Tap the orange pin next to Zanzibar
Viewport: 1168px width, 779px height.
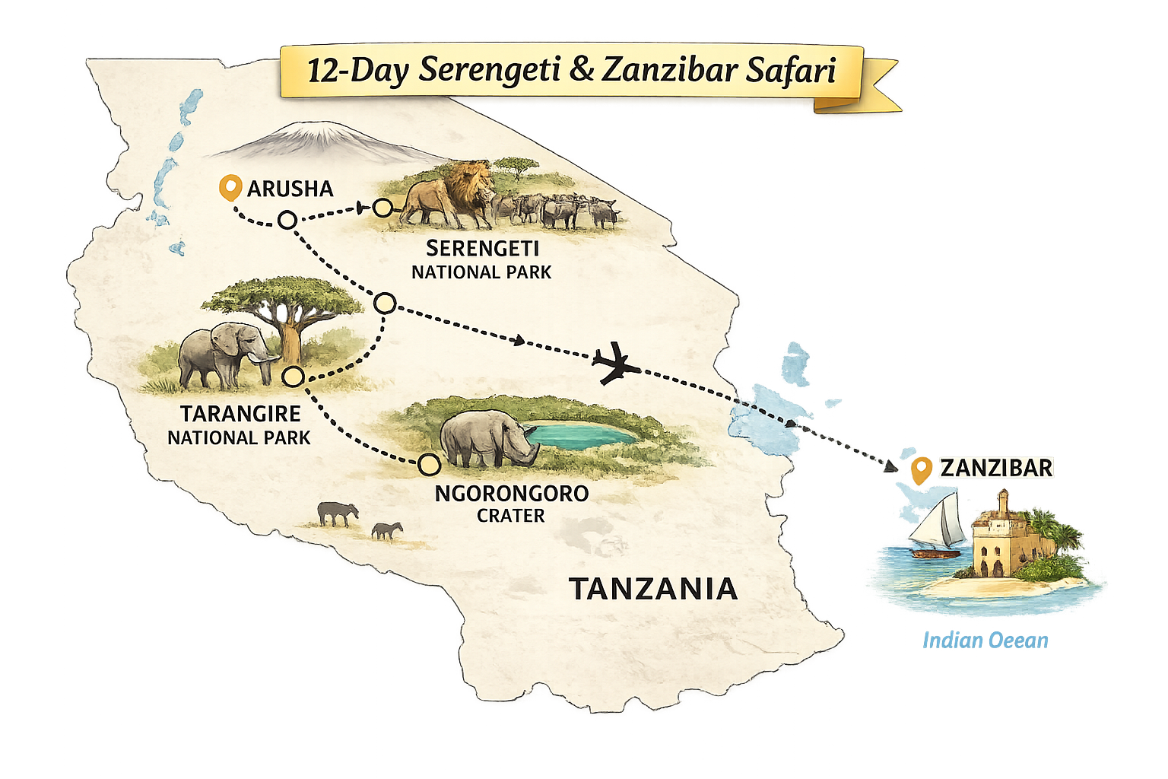click(922, 469)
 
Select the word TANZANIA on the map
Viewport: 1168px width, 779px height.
click(653, 589)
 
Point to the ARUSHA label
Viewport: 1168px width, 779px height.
click(290, 189)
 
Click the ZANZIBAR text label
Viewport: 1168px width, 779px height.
click(996, 468)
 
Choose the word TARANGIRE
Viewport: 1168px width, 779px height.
click(240, 414)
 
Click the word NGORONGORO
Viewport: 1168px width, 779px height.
click(511, 493)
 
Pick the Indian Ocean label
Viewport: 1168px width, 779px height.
click(985, 641)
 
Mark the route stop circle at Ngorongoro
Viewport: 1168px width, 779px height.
click(429, 463)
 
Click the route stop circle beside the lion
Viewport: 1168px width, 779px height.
click(382, 207)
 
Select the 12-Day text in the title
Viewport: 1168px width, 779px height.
click(357, 71)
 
